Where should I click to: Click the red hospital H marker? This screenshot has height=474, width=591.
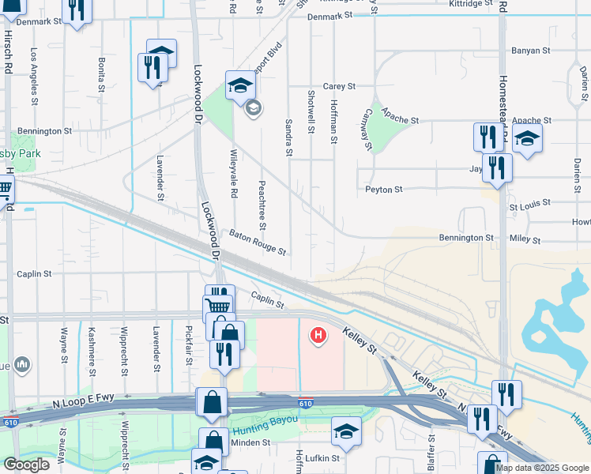click(x=318, y=337)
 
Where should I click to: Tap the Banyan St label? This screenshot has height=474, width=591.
click(x=530, y=51)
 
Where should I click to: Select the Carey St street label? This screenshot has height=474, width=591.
click(x=339, y=86)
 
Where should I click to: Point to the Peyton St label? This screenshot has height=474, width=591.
click(x=384, y=190)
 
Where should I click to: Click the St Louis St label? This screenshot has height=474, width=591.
click(x=529, y=207)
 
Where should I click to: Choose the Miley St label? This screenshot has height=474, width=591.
click(x=525, y=239)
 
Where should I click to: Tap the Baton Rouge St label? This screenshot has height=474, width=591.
click(x=258, y=242)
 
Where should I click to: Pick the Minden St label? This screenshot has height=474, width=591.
click(x=250, y=443)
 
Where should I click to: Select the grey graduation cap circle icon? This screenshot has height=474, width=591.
click(x=253, y=108)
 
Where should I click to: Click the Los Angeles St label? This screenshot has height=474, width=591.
click(x=34, y=77)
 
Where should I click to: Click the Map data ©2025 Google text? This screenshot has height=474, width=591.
click(x=542, y=468)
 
